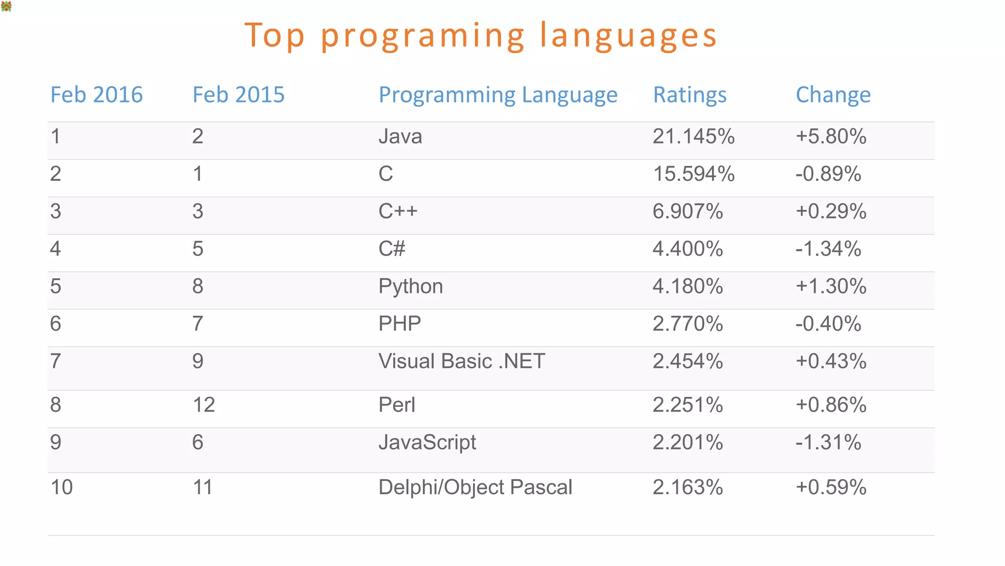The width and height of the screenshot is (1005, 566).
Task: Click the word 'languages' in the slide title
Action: [x=628, y=36]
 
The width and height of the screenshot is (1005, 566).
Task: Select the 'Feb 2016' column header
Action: [x=96, y=94]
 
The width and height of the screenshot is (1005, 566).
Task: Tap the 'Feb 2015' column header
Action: [x=238, y=94]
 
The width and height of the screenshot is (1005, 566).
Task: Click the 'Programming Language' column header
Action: [x=498, y=94]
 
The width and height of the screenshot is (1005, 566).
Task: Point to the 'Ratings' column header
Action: [x=689, y=94]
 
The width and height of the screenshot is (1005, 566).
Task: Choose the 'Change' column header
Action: [x=833, y=94]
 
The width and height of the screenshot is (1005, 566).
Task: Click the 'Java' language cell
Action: [x=400, y=136]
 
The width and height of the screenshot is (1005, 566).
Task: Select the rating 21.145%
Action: [x=693, y=136]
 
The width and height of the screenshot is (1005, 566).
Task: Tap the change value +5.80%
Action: [x=831, y=136]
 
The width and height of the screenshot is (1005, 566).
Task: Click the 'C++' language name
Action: [x=397, y=211]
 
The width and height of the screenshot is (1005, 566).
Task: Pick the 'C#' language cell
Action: [x=392, y=249]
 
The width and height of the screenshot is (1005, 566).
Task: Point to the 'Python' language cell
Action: [x=410, y=286]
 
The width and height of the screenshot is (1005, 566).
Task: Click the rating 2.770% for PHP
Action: [x=688, y=324]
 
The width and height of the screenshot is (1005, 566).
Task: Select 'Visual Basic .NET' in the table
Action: [x=461, y=361]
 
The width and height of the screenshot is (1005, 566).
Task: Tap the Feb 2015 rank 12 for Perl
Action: [x=204, y=405]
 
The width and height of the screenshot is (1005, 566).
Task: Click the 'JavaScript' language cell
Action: [x=427, y=442]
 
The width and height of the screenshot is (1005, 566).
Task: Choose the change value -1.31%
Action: [x=828, y=442]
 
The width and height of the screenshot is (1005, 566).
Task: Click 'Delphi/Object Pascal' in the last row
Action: [x=475, y=487]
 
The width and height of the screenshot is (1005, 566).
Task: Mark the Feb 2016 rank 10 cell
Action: [x=61, y=487]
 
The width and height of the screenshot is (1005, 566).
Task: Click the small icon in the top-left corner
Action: [x=6, y=6]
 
